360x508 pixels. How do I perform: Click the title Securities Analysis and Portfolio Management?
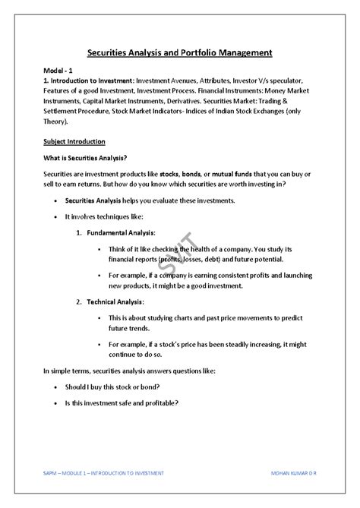click(180, 52)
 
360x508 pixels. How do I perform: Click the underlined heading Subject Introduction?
click(74, 141)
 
